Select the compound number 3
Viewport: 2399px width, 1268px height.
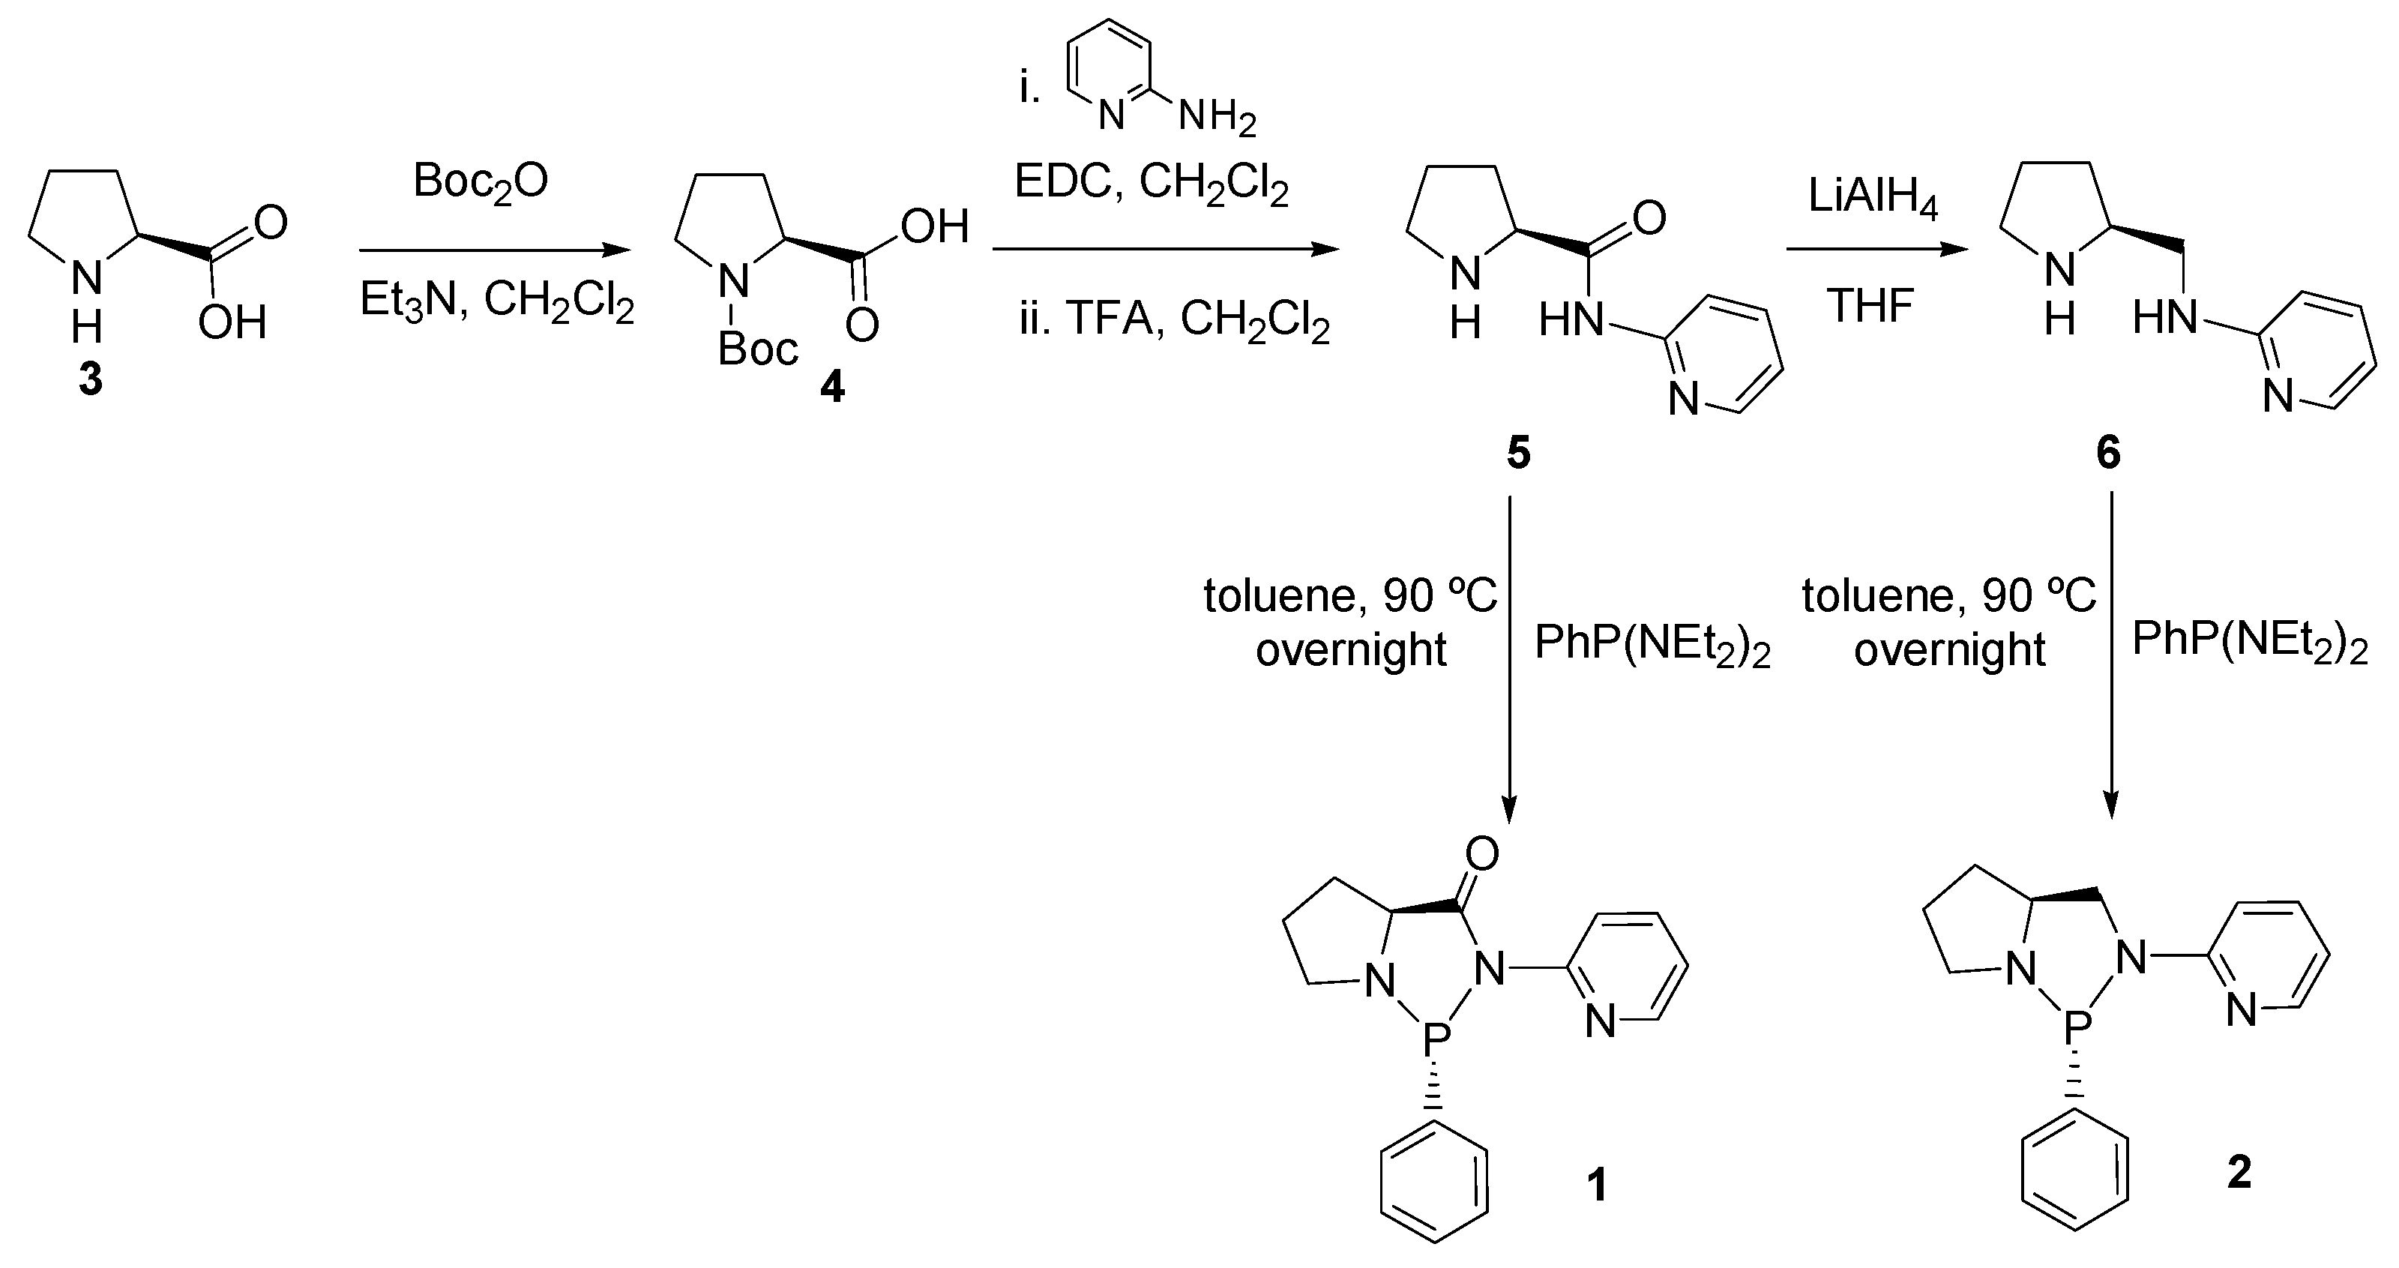[x=90, y=380]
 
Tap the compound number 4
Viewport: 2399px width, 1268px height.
[x=831, y=385]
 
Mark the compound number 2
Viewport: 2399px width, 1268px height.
[x=2239, y=1172]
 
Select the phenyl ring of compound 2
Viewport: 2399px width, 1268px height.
[x=2075, y=1180]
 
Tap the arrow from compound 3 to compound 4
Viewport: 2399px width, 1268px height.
[x=493, y=250]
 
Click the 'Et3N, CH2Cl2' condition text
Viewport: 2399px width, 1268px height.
[x=497, y=304]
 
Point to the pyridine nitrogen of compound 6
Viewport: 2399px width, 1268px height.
[x=2278, y=398]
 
